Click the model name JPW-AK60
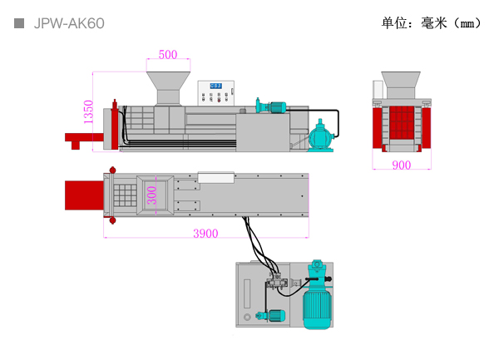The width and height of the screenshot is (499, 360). click(69, 23)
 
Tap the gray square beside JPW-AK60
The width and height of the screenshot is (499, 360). click(19, 23)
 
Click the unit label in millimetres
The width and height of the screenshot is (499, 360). click(431, 23)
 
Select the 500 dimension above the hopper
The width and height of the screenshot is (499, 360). click(168, 55)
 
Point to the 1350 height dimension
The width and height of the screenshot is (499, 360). click(88, 111)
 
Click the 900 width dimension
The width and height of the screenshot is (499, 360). click(402, 165)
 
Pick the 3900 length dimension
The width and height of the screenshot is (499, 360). click(205, 234)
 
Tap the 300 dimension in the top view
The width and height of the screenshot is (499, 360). click(152, 195)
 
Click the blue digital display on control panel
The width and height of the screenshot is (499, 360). click(215, 86)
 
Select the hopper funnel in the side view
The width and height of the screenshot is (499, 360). click(168, 88)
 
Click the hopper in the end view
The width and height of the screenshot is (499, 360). click(401, 85)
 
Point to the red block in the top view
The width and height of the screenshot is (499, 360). click(84, 195)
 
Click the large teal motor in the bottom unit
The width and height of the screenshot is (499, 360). click(317, 295)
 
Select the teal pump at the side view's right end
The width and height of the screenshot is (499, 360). click(321, 136)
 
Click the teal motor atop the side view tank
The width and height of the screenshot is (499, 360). click(270, 106)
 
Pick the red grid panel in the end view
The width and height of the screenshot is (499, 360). click(402, 123)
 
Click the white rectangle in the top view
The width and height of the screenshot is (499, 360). click(216, 177)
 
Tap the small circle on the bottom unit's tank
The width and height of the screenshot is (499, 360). click(247, 317)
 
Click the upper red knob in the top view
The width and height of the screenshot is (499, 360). click(112, 170)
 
